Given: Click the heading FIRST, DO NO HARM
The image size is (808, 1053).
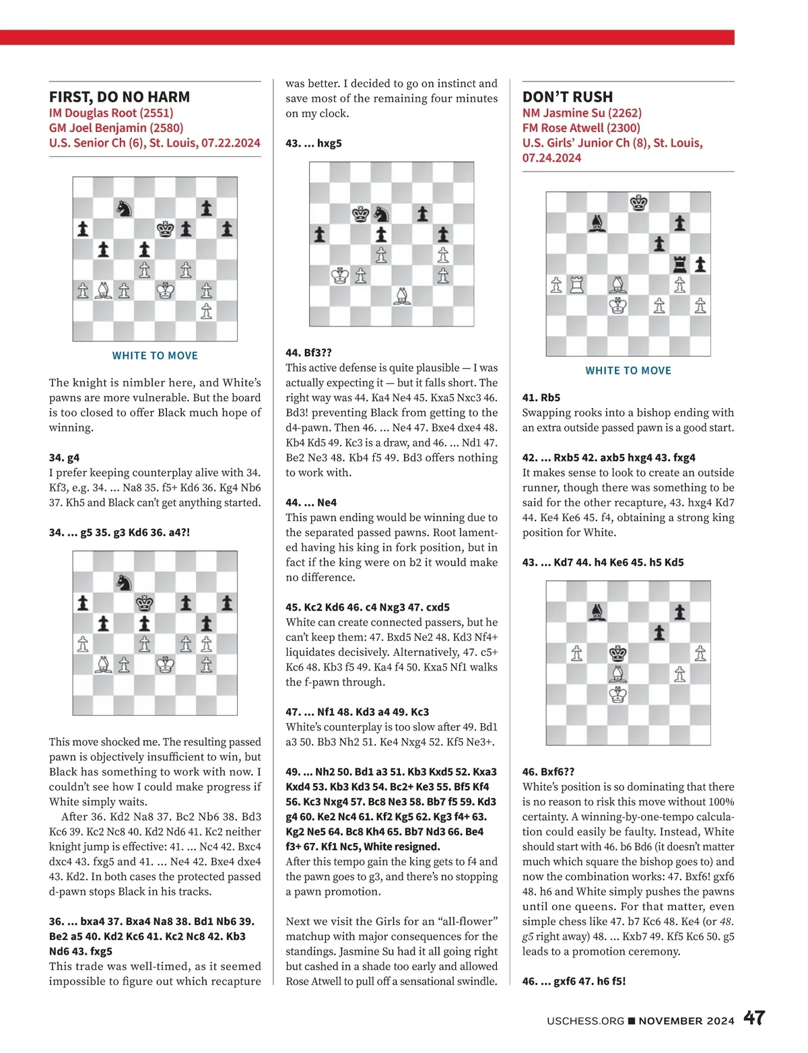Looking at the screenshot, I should pyautogui.click(x=119, y=97).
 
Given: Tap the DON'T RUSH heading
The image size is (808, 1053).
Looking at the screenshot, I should pyautogui.click(x=568, y=97).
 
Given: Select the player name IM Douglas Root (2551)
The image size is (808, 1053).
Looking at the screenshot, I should pyautogui.click(x=110, y=113).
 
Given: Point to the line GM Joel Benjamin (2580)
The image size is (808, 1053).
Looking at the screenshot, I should pyautogui.click(x=116, y=128).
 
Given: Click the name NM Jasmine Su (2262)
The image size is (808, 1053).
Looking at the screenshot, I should pyautogui.click(x=582, y=113).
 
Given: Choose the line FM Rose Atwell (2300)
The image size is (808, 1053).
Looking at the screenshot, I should pyautogui.click(x=581, y=128).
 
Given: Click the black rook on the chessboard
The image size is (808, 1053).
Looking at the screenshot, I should pyautogui.click(x=679, y=265).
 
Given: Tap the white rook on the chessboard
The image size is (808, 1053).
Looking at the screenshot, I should pyautogui.click(x=577, y=285).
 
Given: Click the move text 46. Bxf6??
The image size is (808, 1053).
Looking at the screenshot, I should pyautogui.click(x=548, y=772).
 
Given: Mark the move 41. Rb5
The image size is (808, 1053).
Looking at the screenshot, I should pyautogui.click(x=541, y=398).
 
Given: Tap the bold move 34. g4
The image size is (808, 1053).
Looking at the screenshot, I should pyautogui.click(x=65, y=458).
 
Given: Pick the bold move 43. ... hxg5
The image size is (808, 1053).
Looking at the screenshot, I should pyautogui.click(x=314, y=143).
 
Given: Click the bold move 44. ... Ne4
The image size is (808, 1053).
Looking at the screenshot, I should pyautogui.click(x=311, y=502).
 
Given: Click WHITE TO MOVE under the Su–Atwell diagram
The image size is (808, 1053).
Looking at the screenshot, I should pyautogui.click(x=628, y=371).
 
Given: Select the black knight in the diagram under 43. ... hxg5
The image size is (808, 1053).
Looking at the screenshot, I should pyautogui.click(x=381, y=214).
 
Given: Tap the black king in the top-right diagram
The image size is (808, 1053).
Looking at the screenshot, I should pyautogui.click(x=638, y=202).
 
